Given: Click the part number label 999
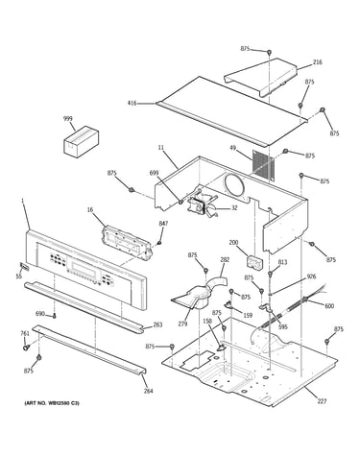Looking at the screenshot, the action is (x=68, y=119).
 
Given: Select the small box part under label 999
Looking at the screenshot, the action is (x=82, y=141).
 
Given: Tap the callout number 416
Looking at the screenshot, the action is (x=132, y=103).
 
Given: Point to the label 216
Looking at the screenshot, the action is (x=318, y=62).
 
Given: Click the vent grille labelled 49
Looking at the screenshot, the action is (x=264, y=165).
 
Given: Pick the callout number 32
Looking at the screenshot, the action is (x=234, y=208).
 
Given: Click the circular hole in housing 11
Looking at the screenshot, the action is (x=234, y=185).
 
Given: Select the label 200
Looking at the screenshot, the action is (x=233, y=243).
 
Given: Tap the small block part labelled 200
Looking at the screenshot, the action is (x=254, y=261).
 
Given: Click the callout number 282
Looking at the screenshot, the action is (x=225, y=260).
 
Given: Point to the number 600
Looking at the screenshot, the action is (x=329, y=306).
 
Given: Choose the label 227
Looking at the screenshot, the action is (x=323, y=401).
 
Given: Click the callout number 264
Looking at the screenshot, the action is (x=148, y=391).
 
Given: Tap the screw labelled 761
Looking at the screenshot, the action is (x=25, y=347).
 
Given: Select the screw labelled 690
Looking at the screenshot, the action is (x=54, y=316).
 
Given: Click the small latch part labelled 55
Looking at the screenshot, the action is (x=24, y=267).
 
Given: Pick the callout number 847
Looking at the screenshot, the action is (x=163, y=224).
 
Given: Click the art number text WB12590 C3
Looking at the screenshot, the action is (x=52, y=403).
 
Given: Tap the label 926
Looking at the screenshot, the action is (x=311, y=276).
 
